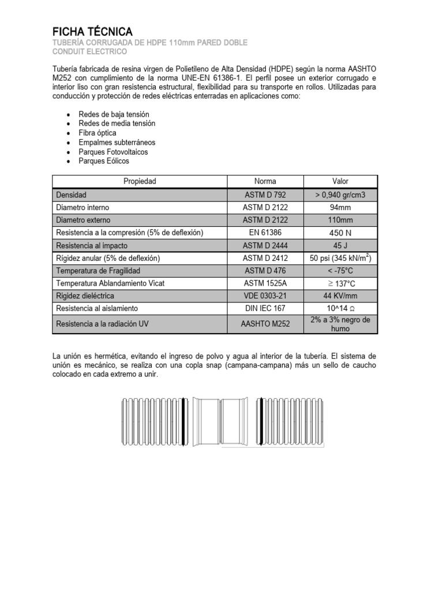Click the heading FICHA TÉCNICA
coord(93,31)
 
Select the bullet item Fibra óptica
coord(97,133)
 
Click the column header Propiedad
coord(140,181)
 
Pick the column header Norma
coord(265,181)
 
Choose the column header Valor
coord(340,181)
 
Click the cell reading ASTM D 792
coord(265,195)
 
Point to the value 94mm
coord(340,207)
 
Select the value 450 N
coord(340,233)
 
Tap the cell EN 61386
coord(265,233)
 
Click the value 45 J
coord(340,245)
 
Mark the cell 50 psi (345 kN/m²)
coord(340,257)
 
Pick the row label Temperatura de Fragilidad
coord(98,271)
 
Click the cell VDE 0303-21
coord(265,295)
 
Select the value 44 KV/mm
coord(340,295)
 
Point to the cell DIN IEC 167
coord(265,308)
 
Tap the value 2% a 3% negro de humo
coord(340,324)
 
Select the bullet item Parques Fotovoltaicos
coord(113,152)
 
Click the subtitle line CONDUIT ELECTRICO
coord(91,52)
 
